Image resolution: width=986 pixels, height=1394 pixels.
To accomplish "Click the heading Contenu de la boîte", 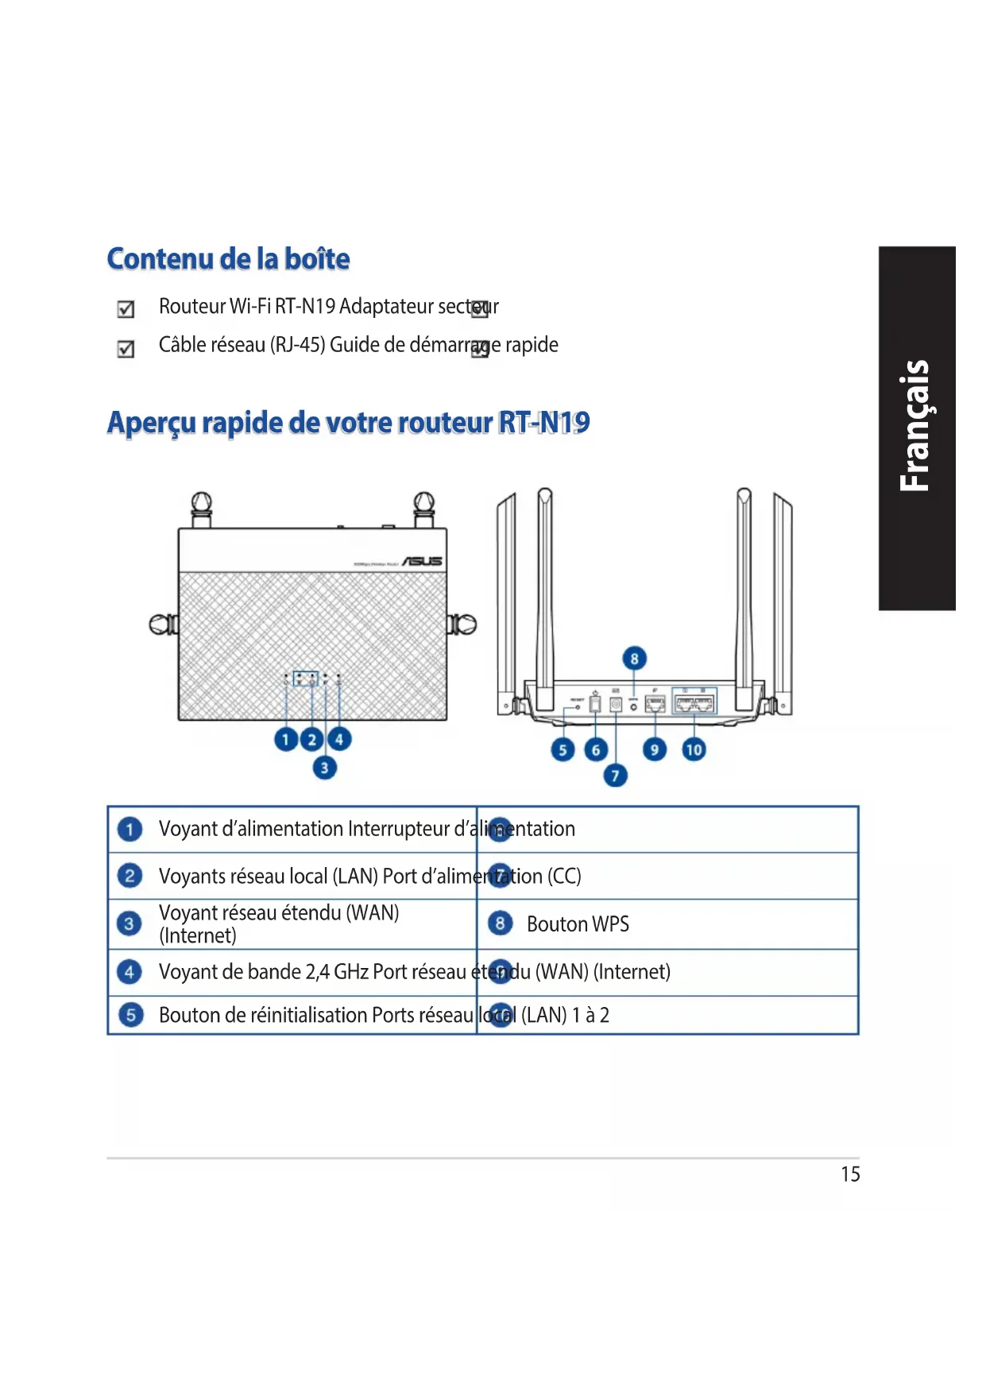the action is pyautogui.click(x=228, y=259).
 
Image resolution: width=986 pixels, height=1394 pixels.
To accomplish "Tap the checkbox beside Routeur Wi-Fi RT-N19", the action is pyautogui.click(x=126, y=309).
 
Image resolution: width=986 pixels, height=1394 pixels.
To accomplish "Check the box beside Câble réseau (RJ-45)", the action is pyautogui.click(x=126, y=349).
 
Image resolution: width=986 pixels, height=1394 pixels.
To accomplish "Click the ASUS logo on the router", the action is pyautogui.click(x=422, y=561).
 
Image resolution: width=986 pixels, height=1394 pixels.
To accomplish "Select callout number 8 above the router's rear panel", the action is pyautogui.click(x=634, y=658).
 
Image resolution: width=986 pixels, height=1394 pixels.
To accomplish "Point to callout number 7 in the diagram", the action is pyautogui.click(x=615, y=775).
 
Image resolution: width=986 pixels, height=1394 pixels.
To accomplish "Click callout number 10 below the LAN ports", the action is pyautogui.click(x=694, y=749).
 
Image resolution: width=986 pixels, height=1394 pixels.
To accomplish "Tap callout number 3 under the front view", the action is pyautogui.click(x=324, y=768).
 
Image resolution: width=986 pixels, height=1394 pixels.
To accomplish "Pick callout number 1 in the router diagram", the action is pyautogui.click(x=286, y=740).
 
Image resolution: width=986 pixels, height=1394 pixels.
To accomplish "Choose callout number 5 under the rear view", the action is pyautogui.click(x=563, y=749).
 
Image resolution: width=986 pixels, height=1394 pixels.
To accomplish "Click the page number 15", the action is pyautogui.click(x=850, y=1175).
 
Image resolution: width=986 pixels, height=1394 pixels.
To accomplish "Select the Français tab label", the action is pyautogui.click(x=916, y=428).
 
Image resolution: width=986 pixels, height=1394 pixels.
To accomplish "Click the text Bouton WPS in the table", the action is pyautogui.click(x=578, y=924).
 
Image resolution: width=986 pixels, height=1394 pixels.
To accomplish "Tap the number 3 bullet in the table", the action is pyautogui.click(x=129, y=924).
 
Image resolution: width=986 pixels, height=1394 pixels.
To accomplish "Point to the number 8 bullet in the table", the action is pyautogui.click(x=500, y=924).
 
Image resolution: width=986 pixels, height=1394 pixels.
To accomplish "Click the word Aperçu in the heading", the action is pyautogui.click(x=151, y=423).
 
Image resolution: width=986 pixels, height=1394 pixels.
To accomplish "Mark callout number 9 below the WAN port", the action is pyautogui.click(x=655, y=749).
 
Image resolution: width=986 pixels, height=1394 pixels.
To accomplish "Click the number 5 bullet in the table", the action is pyautogui.click(x=130, y=1016).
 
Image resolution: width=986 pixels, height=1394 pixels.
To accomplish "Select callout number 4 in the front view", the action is pyautogui.click(x=339, y=740).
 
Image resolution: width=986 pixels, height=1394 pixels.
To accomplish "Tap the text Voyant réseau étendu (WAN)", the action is pyautogui.click(x=279, y=913).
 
